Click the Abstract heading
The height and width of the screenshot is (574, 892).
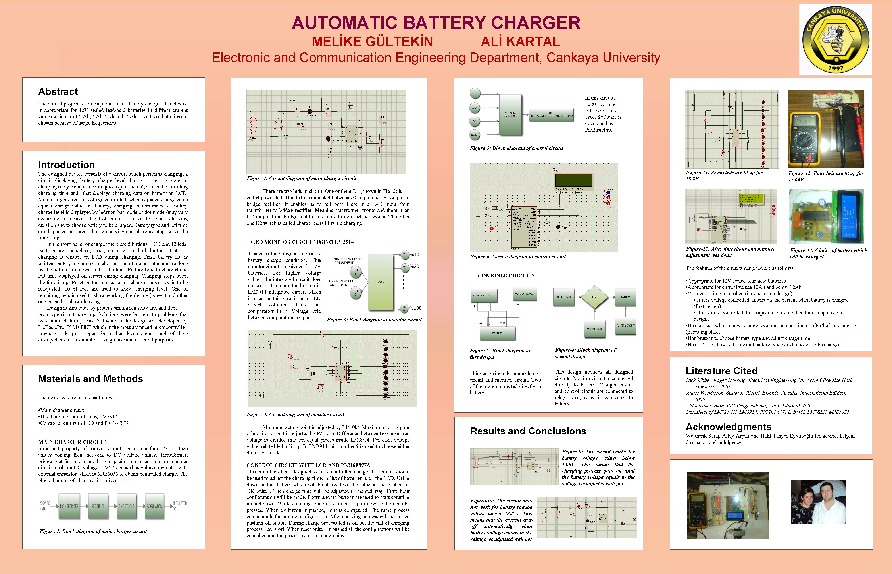(x=58, y=92)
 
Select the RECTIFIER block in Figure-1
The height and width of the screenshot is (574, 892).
(x=98, y=506)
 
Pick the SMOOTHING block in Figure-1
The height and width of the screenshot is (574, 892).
(x=127, y=506)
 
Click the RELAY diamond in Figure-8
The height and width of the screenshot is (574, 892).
(x=594, y=297)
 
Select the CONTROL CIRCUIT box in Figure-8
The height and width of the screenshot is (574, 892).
(x=564, y=297)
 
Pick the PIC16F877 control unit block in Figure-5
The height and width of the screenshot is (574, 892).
(x=510, y=114)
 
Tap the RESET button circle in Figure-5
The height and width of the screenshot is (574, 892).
(x=475, y=135)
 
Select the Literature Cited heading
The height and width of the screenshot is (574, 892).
(x=721, y=371)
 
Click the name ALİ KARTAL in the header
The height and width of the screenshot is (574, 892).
(x=521, y=41)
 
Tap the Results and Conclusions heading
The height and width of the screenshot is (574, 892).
(x=528, y=431)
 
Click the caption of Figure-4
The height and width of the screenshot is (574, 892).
(x=295, y=415)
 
